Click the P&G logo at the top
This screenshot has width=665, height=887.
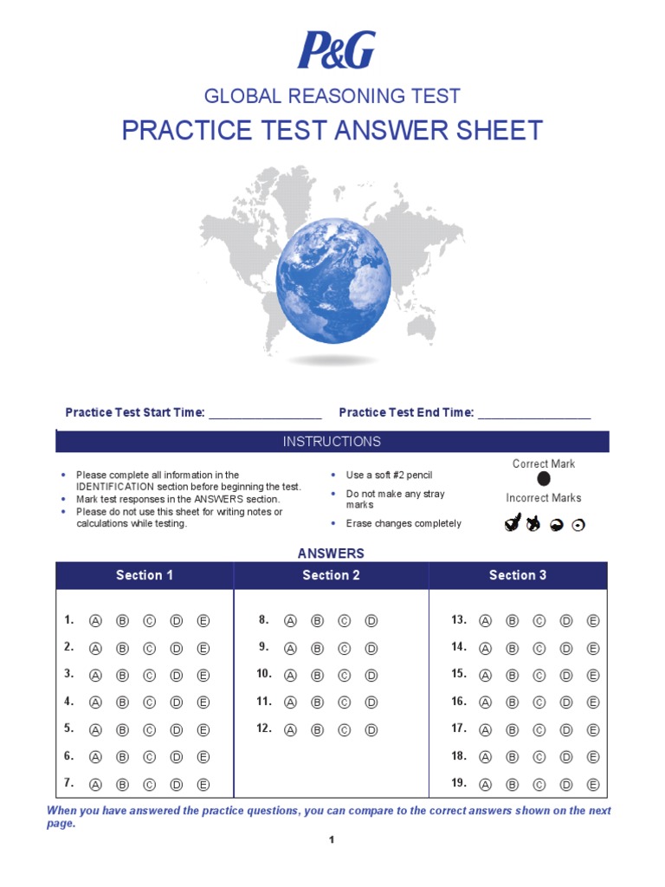(x=337, y=50)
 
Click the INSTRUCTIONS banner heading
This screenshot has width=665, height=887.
(x=332, y=442)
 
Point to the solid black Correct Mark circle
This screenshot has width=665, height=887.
(x=544, y=479)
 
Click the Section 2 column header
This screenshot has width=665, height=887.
(x=331, y=575)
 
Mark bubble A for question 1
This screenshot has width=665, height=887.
(x=96, y=621)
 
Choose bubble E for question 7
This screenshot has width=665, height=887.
(x=203, y=785)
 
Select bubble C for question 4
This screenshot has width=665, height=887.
(x=150, y=702)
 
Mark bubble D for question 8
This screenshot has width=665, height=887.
(x=371, y=621)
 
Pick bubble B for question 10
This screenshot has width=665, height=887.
(x=317, y=675)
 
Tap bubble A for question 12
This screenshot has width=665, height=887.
(x=291, y=730)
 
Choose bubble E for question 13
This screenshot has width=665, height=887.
(x=593, y=621)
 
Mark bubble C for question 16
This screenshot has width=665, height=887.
(x=539, y=702)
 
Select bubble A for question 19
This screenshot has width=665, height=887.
(x=485, y=785)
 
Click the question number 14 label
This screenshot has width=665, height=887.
(x=459, y=647)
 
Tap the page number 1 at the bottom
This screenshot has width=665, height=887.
(x=332, y=839)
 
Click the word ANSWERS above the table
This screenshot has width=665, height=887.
(x=332, y=554)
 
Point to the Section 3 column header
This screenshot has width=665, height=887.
(x=518, y=575)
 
